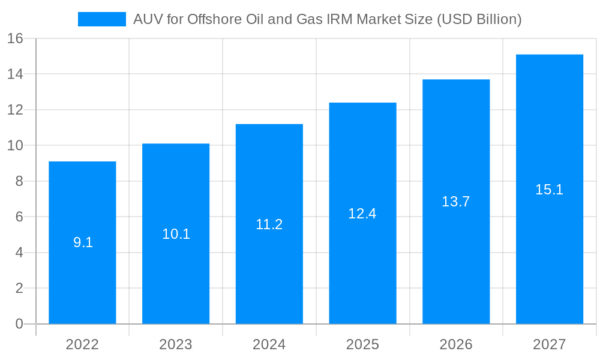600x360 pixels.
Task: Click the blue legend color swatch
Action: coord(101,19)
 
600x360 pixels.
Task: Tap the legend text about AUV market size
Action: coord(327,19)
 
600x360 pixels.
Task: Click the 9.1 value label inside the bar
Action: coord(83,243)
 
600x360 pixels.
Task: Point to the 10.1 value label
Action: coord(176,234)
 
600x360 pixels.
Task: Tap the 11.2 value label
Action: coord(269,224)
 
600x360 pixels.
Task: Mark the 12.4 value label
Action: coord(362,214)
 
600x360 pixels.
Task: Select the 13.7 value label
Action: coord(456,202)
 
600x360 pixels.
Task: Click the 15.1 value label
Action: coord(550,190)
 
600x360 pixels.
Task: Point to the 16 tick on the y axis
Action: coord(15,38)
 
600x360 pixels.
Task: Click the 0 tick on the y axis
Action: coord(19,324)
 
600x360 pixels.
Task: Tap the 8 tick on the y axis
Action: coord(19,181)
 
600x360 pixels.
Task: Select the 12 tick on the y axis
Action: coord(15,110)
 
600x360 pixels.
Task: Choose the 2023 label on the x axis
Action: coord(176,344)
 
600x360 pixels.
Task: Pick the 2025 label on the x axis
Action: coord(362,344)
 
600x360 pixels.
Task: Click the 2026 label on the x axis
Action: coord(456,344)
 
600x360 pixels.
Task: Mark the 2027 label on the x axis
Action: coord(550,344)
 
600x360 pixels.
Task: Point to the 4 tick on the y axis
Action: coord(19,253)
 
